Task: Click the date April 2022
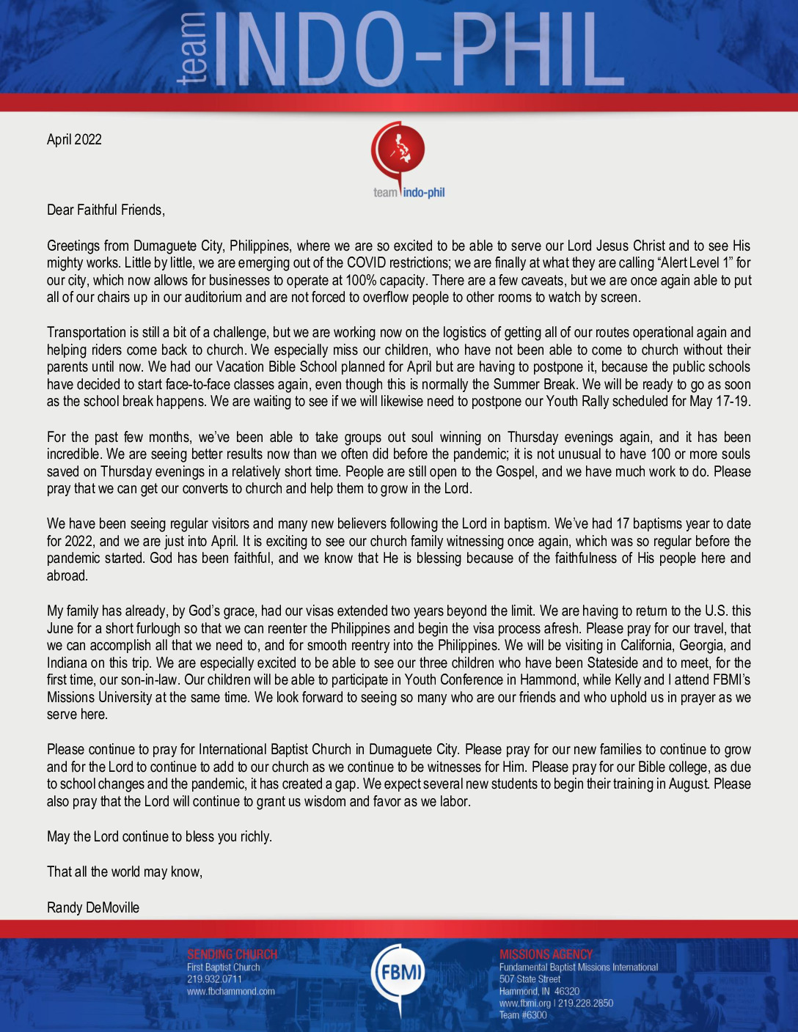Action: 74,140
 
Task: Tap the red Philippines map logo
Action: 398,150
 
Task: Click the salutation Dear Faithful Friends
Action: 106,210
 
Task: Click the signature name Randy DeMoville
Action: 93,907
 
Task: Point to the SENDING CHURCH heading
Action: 232,954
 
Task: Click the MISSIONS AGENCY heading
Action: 546,954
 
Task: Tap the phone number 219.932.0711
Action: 214,979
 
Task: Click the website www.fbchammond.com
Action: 230,992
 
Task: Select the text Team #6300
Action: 523,1015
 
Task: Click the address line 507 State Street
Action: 530,979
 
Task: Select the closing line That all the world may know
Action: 125,872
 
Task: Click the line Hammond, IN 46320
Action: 539,992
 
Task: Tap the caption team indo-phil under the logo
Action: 409,193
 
